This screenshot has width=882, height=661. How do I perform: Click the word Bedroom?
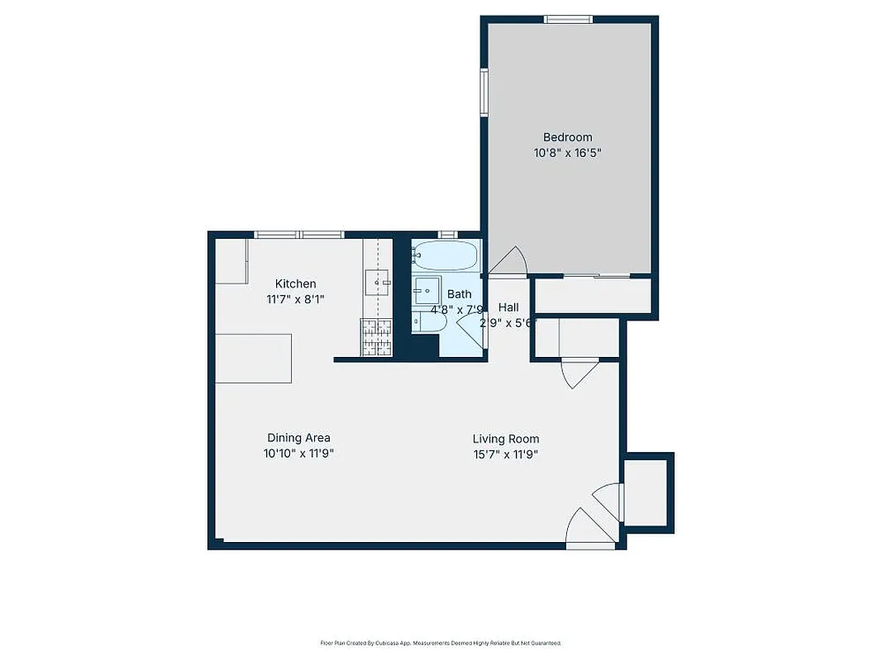[567, 137]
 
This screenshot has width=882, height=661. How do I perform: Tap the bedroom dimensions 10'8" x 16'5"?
[567, 153]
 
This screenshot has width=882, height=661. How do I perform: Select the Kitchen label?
[295, 284]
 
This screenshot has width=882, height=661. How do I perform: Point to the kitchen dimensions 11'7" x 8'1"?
[295, 299]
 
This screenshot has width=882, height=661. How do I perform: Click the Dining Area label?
[298, 438]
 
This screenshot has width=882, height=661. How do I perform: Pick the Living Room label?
[506, 439]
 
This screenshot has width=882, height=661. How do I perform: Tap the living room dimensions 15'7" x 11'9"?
[506, 454]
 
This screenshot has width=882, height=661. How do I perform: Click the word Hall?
[508, 307]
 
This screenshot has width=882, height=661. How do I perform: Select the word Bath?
[460, 294]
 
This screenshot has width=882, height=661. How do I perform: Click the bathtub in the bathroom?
[446, 255]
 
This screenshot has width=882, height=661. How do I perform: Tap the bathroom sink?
[427, 292]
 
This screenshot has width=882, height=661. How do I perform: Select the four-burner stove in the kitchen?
[376, 338]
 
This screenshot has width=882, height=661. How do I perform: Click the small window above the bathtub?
[447, 235]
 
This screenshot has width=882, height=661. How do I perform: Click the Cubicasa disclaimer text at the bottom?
[441, 643]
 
